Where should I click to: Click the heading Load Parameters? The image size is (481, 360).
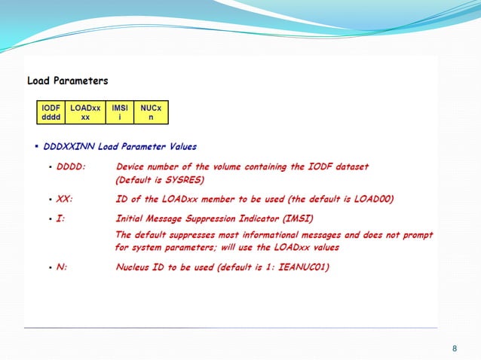tap(67, 81)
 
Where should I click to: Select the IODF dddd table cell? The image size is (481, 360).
tap(51, 113)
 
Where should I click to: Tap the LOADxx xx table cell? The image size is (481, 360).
tap(85, 113)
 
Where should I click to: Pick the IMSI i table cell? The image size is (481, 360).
tap(119, 113)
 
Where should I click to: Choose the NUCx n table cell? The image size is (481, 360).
tap(151, 113)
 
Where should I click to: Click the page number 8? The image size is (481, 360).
tap(454, 348)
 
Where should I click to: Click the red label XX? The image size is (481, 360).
tap(65, 200)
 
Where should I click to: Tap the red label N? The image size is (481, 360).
tap(62, 267)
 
